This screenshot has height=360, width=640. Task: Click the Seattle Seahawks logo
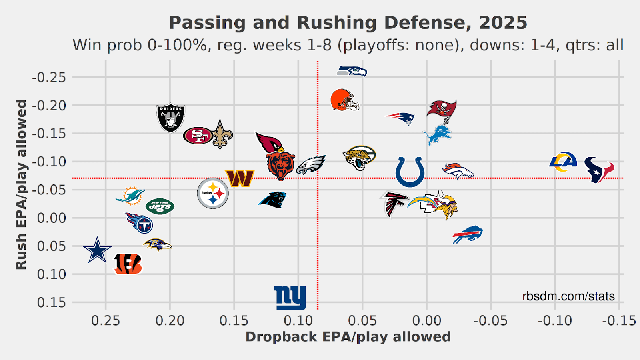click(352, 72)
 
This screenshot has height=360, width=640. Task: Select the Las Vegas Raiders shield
click(171, 118)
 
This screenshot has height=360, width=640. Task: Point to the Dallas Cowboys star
click(97, 250)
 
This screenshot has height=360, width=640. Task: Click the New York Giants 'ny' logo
click(290, 298)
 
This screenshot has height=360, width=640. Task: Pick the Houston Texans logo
click(599, 170)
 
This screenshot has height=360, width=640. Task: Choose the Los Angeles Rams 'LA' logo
click(563, 162)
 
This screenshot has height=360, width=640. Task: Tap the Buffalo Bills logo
click(468, 234)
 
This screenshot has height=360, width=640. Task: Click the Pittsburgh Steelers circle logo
click(213, 193)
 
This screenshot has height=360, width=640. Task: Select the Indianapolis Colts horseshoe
click(410, 172)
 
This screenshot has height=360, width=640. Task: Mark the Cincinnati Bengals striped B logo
click(128, 264)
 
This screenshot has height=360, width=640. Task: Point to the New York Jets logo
click(160, 206)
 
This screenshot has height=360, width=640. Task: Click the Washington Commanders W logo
click(240, 178)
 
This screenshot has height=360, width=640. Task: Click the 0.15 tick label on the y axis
click(52, 302)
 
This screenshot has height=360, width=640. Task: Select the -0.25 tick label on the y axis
click(49, 77)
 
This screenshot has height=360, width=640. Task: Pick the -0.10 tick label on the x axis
click(555, 320)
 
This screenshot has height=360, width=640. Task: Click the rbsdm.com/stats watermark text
click(568, 296)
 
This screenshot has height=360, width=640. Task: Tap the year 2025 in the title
click(503, 23)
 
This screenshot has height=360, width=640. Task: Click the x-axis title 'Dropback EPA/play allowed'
click(348, 337)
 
